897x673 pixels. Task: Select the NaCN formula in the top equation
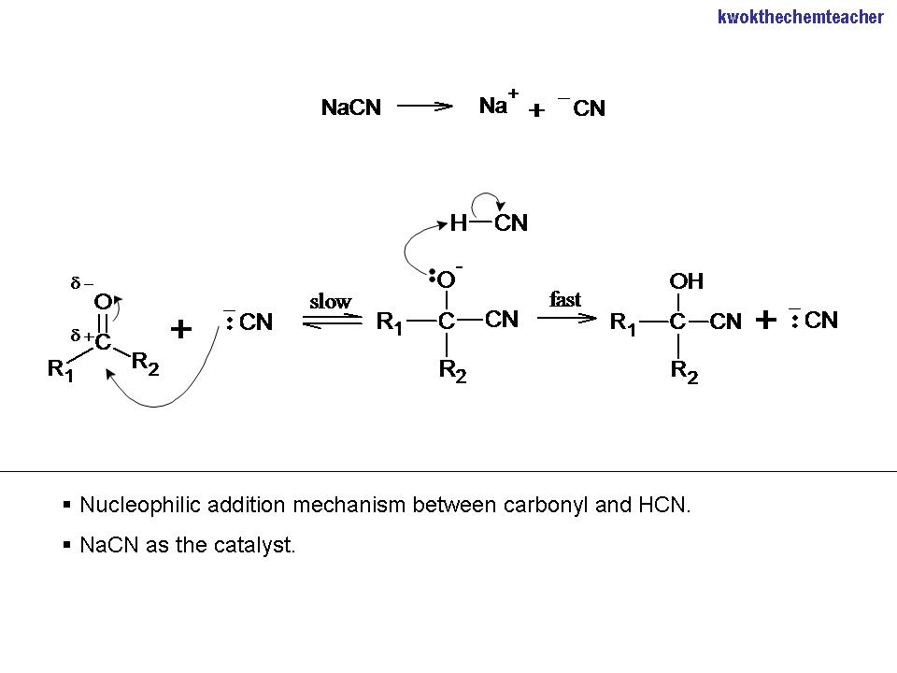pyautogui.click(x=351, y=107)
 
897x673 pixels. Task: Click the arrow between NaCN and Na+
pyautogui.click(x=425, y=107)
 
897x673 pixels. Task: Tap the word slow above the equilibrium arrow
pyautogui.click(x=330, y=301)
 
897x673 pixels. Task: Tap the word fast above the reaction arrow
pyautogui.click(x=565, y=299)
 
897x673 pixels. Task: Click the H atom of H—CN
pyautogui.click(x=458, y=223)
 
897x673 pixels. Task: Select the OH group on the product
pyautogui.click(x=687, y=281)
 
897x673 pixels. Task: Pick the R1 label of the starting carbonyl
pyautogui.click(x=61, y=369)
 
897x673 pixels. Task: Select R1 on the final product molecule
pyautogui.click(x=624, y=323)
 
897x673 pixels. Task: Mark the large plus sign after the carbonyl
pyautogui.click(x=180, y=329)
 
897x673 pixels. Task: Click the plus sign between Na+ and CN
pyautogui.click(x=536, y=110)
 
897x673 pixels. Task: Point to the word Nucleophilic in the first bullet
pyautogui.click(x=136, y=506)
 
